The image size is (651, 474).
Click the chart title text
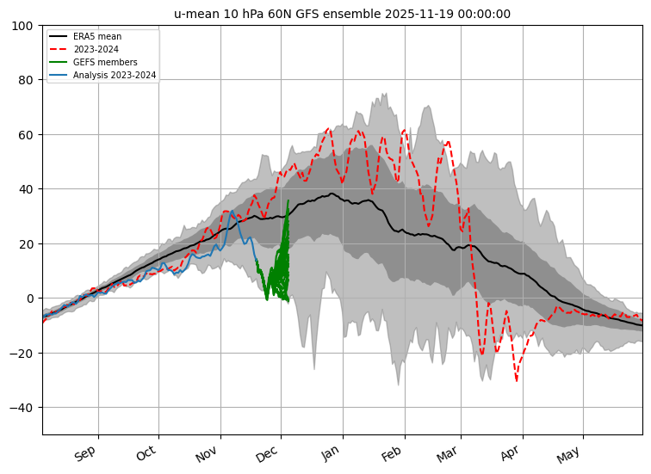click(x=342, y=14)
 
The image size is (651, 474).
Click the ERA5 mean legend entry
click(x=96, y=37)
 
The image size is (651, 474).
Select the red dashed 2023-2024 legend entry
click(x=96, y=50)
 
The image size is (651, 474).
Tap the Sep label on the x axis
click(x=85, y=453)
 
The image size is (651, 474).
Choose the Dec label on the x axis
click(x=267, y=453)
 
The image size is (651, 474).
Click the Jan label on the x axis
click(x=331, y=453)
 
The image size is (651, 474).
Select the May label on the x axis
click(x=570, y=453)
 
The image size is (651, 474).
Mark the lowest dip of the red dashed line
click(x=516, y=380)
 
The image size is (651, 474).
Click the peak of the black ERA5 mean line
click(x=332, y=194)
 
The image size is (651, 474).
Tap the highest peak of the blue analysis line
click(x=232, y=211)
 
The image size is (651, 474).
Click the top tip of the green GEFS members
click(x=288, y=200)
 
